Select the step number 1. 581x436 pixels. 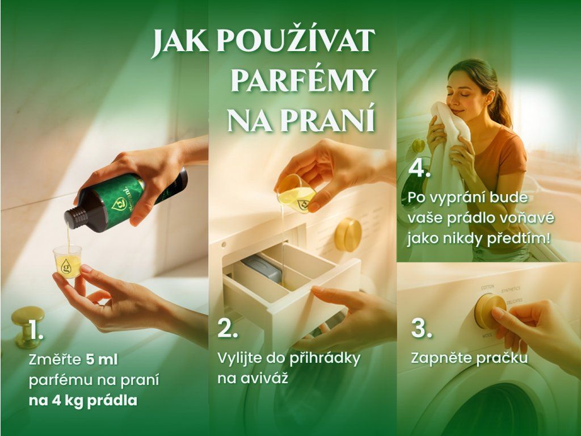click(x=36, y=330)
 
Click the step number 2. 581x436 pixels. click(x=227, y=328)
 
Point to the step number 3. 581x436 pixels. click(x=422, y=328)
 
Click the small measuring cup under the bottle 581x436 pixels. click(x=67, y=261)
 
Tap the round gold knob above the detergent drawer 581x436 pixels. click(x=348, y=234)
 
